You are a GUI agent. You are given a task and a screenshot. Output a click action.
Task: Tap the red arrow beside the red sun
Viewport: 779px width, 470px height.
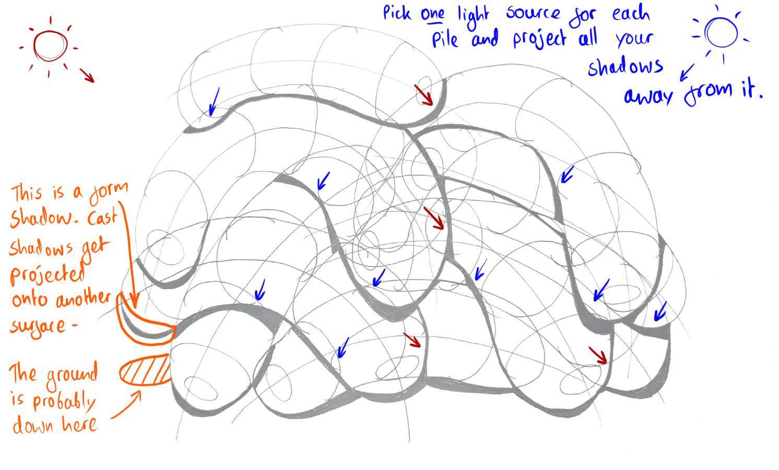click(x=87, y=75)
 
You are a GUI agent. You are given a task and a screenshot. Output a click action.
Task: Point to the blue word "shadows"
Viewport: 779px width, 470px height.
click(x=625, y=67)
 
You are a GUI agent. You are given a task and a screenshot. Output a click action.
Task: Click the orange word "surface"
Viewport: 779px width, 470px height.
click(x=39, y=326)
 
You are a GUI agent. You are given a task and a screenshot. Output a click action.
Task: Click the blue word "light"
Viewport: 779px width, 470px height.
click(x=474, y=14)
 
